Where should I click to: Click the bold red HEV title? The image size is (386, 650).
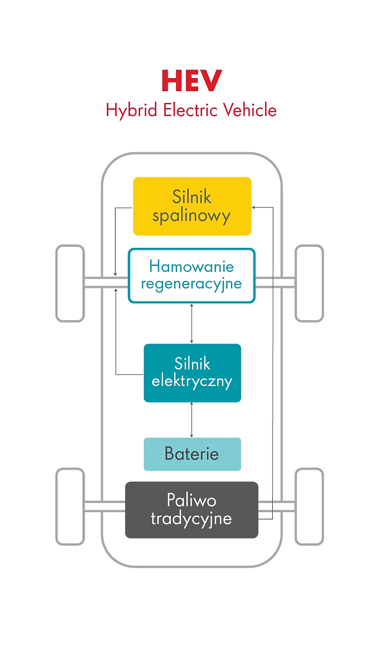[192, 81]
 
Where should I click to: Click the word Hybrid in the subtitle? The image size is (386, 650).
[131, 110]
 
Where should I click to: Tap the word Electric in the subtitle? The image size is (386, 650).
[190, 110]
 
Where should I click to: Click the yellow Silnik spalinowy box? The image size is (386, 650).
[192, 206]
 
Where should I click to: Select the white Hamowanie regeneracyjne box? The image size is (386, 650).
[191, 275]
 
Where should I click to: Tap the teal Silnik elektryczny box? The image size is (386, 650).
[192, 373]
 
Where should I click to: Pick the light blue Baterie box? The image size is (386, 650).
[192, 454]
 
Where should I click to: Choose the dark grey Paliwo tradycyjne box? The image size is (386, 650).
[191, 509]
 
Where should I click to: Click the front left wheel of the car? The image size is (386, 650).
[70, 283]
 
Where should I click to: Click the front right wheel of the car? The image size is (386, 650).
[309, 283]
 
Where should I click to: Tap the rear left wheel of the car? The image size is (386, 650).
[70, 507]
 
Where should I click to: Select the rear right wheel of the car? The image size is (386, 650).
[309, 507]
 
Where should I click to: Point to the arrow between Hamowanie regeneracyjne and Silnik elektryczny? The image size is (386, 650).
[191, 323]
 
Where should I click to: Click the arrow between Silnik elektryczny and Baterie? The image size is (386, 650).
[191, 420]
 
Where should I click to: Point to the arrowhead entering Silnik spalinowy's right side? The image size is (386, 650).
[254, 208]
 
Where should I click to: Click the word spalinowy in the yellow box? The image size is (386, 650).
[191, 216]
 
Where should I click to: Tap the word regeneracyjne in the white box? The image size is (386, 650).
[191, 284]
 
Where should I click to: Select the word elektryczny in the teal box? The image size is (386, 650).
[192, 381]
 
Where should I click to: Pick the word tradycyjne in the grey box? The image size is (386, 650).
[191, 519]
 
